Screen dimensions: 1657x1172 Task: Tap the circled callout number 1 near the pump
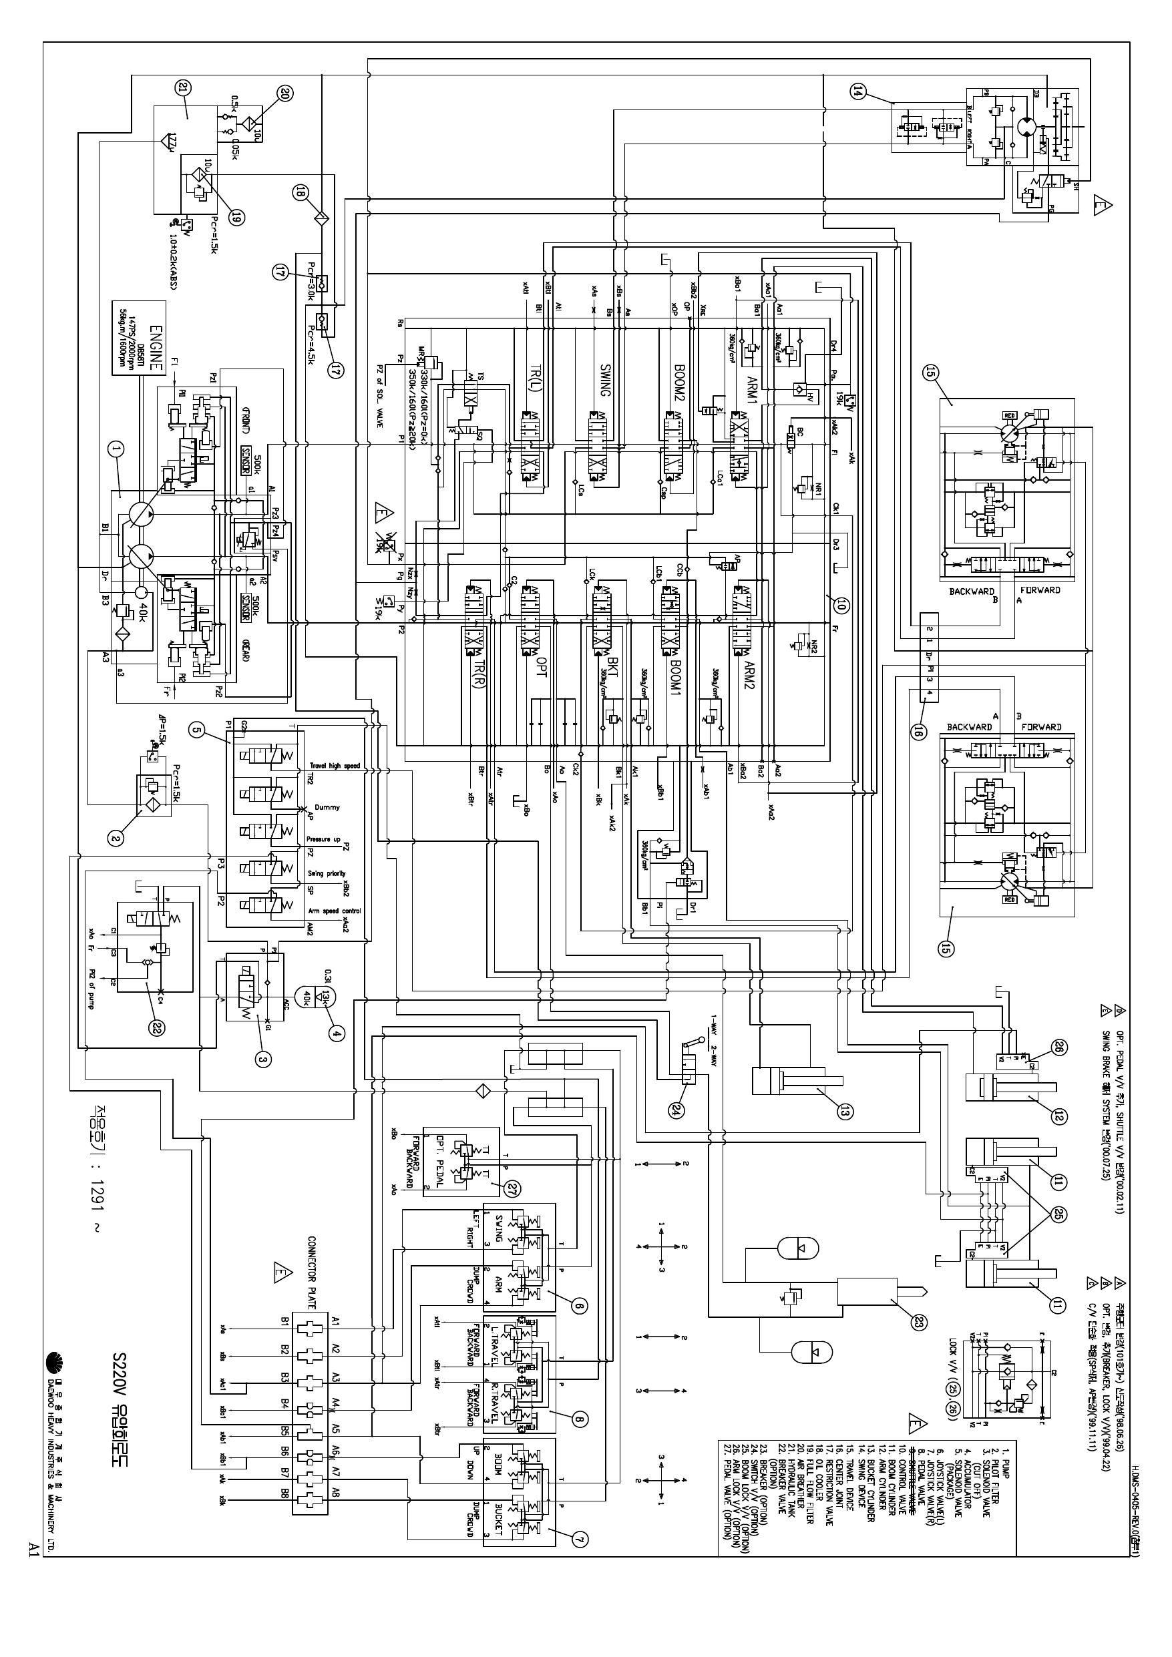[116, 449]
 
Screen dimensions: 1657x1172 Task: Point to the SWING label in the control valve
[604, 381]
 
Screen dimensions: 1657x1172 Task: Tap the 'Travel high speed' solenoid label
[335, 766]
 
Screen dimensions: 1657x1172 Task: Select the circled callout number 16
[918, 732]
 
